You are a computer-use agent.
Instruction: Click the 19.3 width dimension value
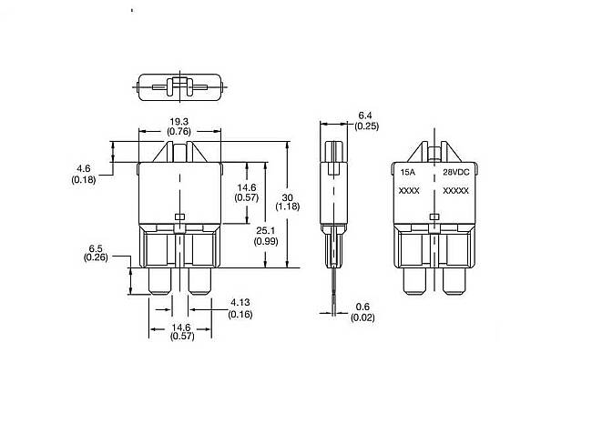pos(179,122)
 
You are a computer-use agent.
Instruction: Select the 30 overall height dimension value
pos(287,197)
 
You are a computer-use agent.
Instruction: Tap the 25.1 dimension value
pos(266,230)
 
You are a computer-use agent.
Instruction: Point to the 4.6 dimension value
pos(84,168)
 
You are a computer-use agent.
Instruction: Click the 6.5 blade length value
pos(96,248)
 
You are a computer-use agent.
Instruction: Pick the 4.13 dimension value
pos(240,302)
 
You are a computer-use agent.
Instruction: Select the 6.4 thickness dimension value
pos(365,116)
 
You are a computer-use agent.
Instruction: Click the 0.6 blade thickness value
pos(362,307)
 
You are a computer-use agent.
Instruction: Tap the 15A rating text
pos(408,172)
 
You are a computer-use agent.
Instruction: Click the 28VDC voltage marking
pos(456,172)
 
